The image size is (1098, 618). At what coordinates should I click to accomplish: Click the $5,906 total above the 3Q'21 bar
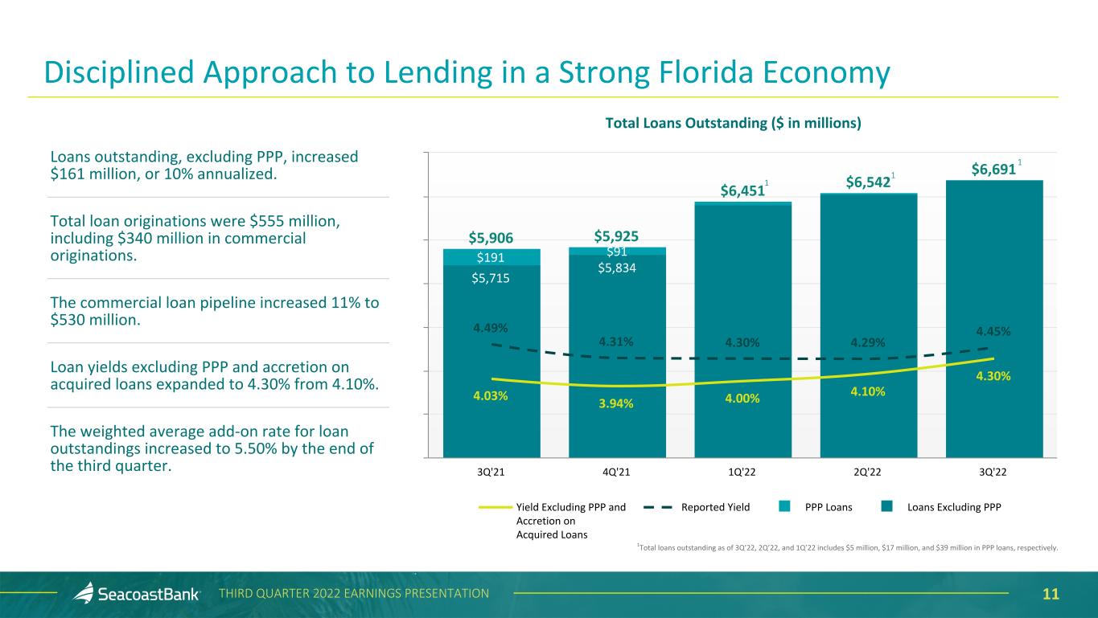pyautogui.click(x=491, y=237)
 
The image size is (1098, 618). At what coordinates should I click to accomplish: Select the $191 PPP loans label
pyautogui.click(x=491, y=257)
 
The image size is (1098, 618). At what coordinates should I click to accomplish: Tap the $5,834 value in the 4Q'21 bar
pyautogui.click(x=617, y=268)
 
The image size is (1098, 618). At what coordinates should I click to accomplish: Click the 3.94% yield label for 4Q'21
pyautogui.click(x=617, y=403)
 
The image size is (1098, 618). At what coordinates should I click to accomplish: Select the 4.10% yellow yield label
pyautogui.click(x=869, y=391)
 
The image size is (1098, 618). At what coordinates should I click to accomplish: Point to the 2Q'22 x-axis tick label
pyautogui.click(x=869, y=471)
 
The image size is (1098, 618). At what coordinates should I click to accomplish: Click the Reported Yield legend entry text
pyautogui.click(x=715, y=507)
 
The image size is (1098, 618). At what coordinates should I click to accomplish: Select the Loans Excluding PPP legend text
pyautogui.click(x=953, y=507)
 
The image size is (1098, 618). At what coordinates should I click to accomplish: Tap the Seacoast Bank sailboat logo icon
pyautogui.click(x=83, y=593)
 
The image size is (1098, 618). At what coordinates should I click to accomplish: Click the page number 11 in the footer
pyautogui.click(x=1051, y=594)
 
